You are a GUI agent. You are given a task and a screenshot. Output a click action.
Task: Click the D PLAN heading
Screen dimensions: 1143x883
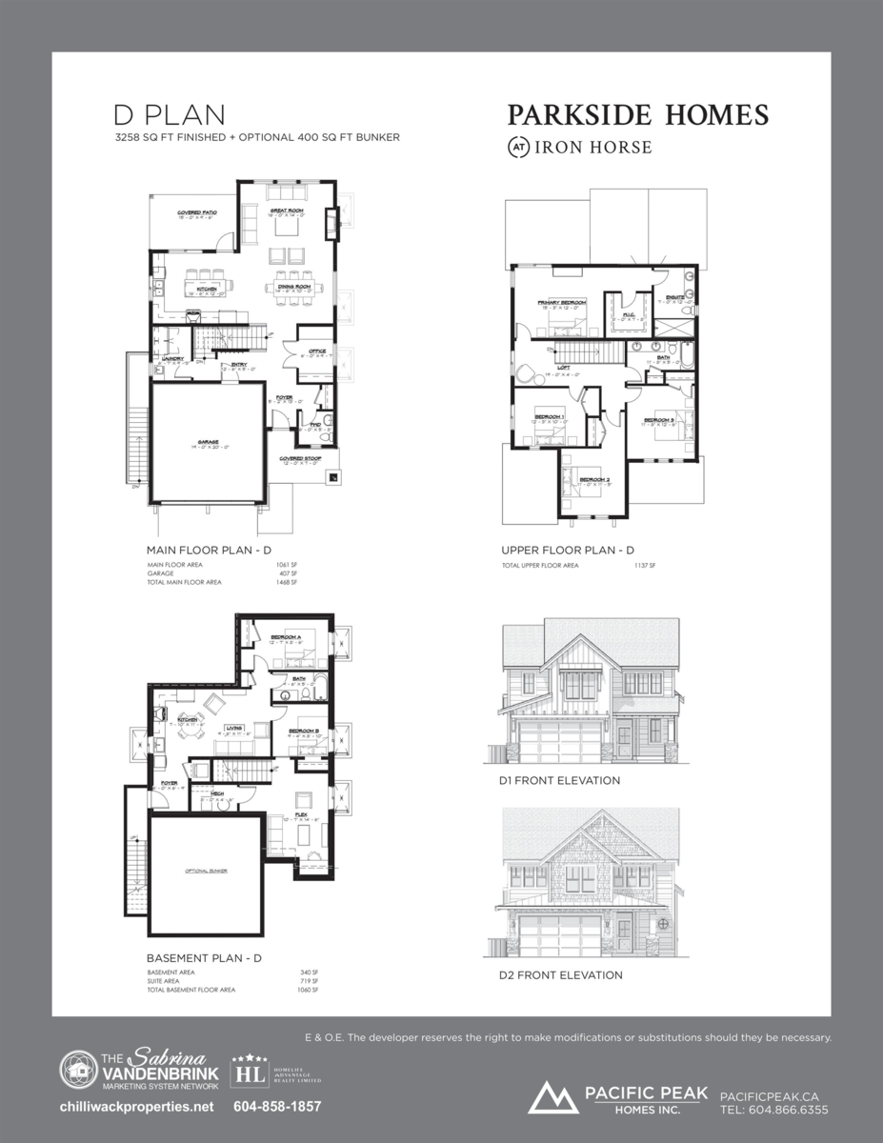pyautogui.click(x=170, y=115)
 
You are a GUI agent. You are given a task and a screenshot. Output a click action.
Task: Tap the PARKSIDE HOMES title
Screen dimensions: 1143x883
pyautogui.click(x=637, y=115)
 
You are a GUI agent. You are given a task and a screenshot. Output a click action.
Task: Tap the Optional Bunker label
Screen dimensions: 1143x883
pyautogui.click(x=206, y=871)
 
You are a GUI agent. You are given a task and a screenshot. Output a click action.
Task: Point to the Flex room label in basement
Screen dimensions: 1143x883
pyautogui.click(x=301, y=815)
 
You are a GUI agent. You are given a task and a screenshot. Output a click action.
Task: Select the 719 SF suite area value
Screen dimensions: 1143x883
pyautogui.click(x=309, y=981)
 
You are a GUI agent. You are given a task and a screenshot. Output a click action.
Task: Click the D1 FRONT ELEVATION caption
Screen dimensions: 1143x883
pyautogui.click(x=559, y=780)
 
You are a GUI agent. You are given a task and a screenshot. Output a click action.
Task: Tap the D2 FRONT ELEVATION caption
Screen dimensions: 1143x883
pyautogui.click(x=560, y=974)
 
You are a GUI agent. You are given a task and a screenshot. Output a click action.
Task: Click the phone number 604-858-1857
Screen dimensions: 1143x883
pyautogui.click(x=277, y=1107)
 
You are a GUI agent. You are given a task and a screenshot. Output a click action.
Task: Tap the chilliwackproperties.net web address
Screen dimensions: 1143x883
pyautogui.click(x=136, y=1107)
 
